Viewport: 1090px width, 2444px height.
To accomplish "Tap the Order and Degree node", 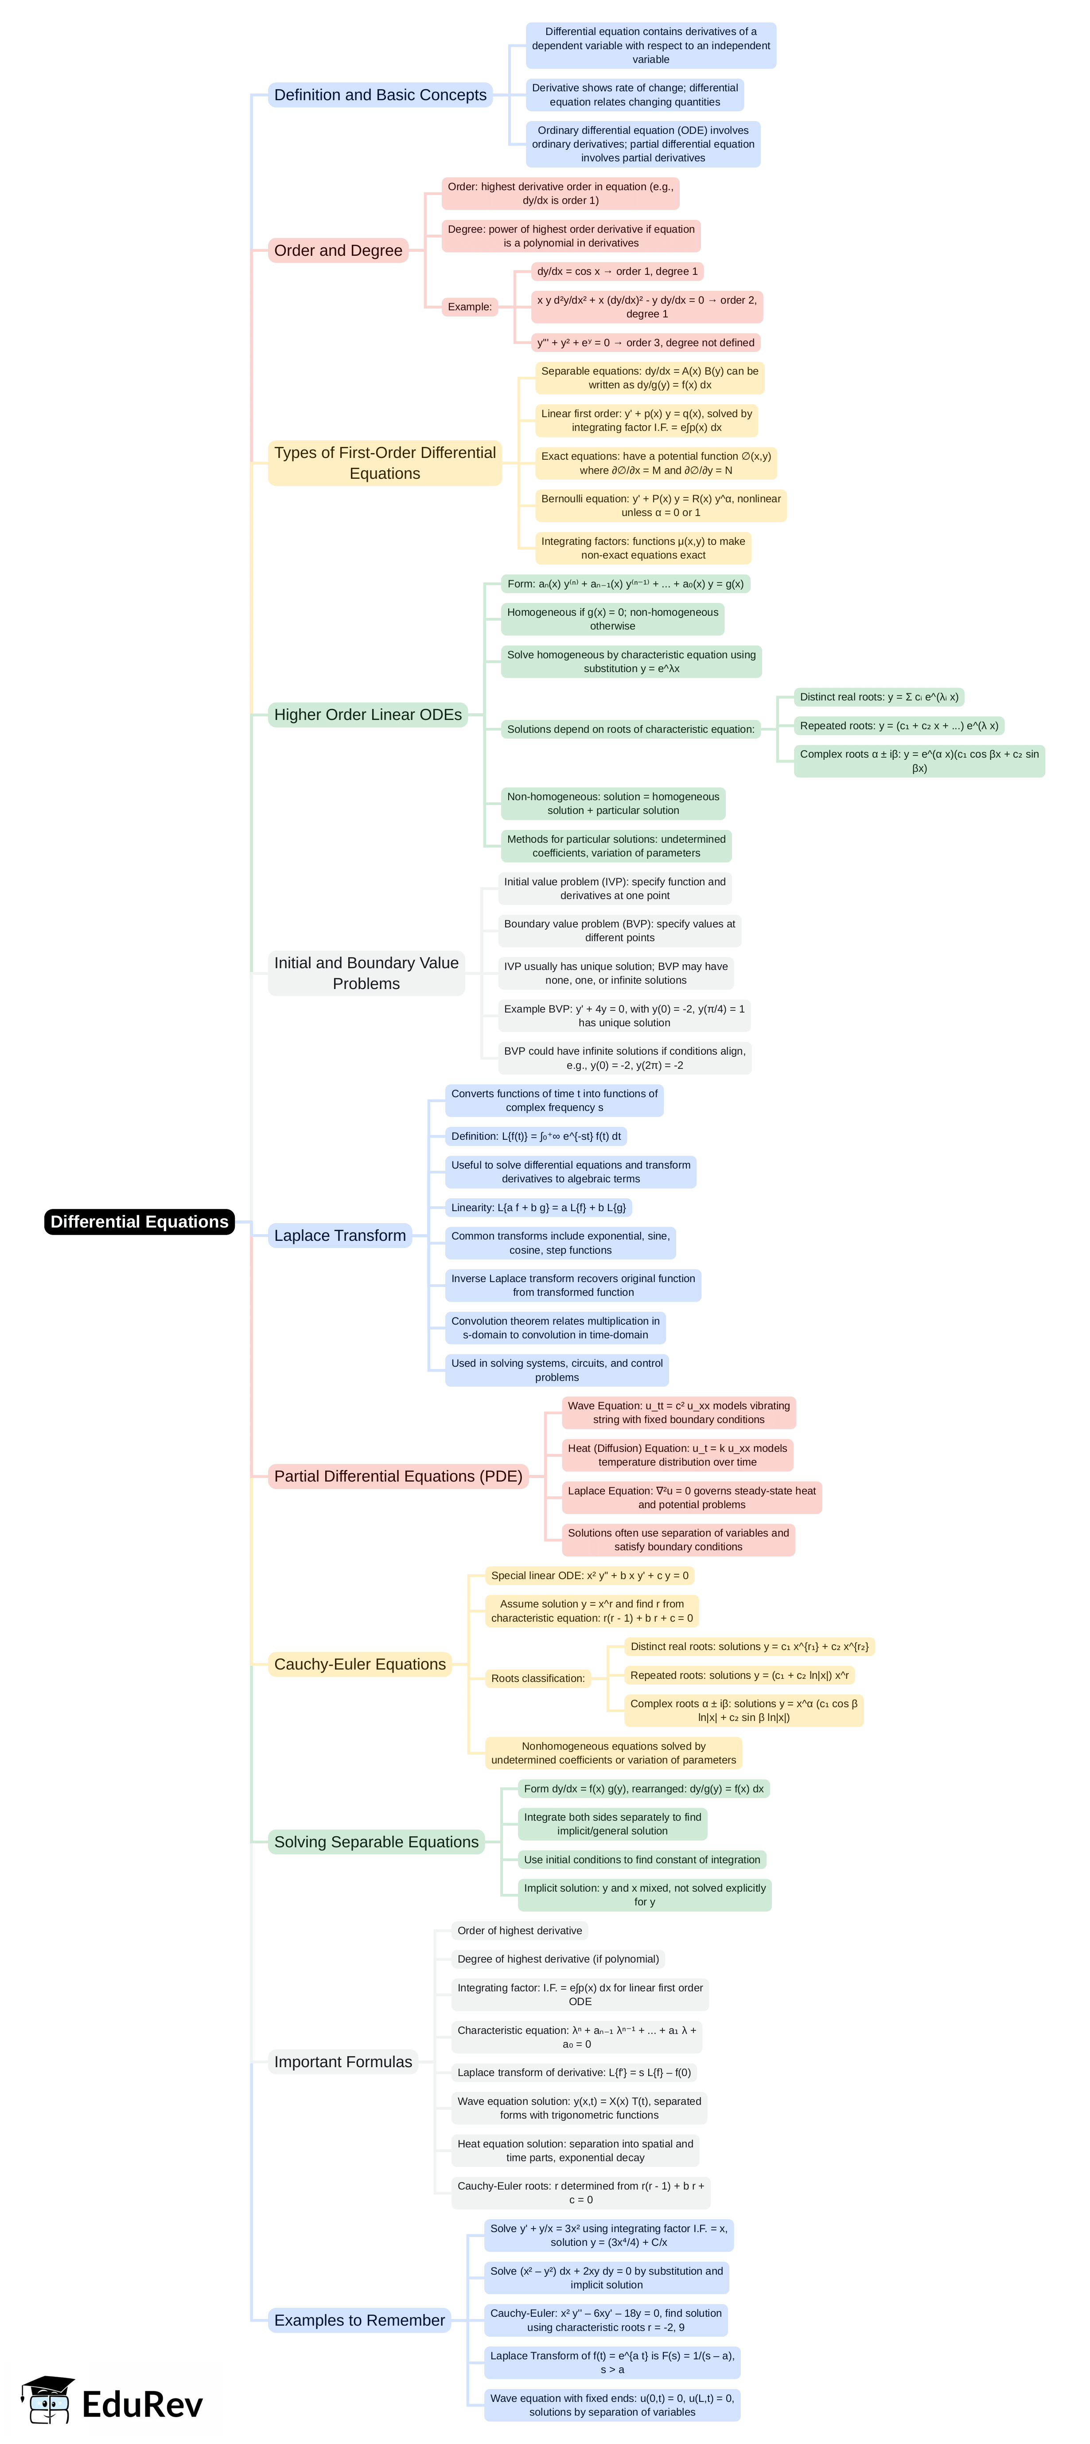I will coord(338,250).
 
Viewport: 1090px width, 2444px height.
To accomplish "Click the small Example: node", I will coord(470,306).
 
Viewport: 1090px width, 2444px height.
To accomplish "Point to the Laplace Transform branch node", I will coord(339,1235).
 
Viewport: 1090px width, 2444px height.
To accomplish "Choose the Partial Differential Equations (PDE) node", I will coord(397,1476).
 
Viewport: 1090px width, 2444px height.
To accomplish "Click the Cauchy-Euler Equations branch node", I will coord(359,1664).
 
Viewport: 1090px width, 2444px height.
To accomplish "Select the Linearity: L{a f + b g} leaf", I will coord(538,1208).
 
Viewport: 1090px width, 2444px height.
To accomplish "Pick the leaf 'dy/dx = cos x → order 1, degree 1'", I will coord(617,271).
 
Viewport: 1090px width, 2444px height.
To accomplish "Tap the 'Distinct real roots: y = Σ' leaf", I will coord(879,697).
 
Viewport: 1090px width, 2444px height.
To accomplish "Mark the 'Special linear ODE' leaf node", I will coord(589,1576).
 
